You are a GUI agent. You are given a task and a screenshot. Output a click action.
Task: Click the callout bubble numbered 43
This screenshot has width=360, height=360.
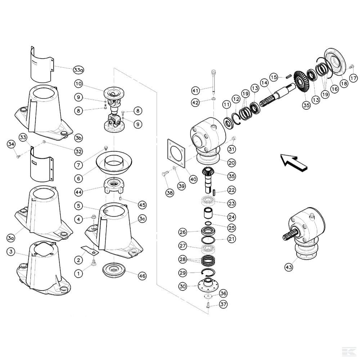coord(289,267)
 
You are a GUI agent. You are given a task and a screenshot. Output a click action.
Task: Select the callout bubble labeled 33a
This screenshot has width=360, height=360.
coord(78,69)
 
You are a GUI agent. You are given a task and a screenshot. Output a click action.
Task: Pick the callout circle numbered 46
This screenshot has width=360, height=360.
coord(142,276)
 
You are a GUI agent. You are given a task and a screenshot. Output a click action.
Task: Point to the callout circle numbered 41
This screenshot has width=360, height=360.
coord(195,90)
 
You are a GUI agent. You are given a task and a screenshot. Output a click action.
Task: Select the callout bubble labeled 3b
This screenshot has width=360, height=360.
coord(78,138)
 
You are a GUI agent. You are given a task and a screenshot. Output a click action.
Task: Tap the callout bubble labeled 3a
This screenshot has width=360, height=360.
coord(11,238)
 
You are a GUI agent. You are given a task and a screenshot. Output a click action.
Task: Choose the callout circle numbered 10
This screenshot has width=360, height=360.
coord(78,84)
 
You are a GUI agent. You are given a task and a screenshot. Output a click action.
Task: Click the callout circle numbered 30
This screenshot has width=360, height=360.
coord(183,287)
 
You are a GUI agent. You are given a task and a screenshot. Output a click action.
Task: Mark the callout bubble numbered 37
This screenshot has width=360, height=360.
coord(223,305)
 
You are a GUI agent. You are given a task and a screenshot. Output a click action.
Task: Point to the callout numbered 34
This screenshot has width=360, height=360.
coord(11,144)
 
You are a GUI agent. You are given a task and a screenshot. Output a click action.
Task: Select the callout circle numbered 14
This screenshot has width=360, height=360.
coord(265,83)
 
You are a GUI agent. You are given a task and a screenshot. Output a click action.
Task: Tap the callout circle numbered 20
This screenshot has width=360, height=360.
coord(231,163)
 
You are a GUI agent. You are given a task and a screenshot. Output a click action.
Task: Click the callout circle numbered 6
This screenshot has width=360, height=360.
coord(78,178)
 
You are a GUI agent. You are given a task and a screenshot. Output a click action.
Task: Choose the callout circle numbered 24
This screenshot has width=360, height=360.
coord(231,217)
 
